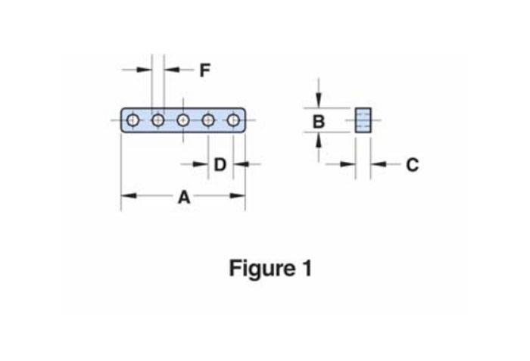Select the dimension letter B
click(x=319, y=121)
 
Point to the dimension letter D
click(x=220, y=164)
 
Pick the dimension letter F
click(x=204, y=70)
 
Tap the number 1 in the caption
click(x=306, y=268)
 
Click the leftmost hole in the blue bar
click(x=133, y=120)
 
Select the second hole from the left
click(x=158, y=120)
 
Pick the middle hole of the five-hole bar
click(x=183, y=120)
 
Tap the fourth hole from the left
click(x=208, y=120)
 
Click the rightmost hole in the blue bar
click(x=233, y=120)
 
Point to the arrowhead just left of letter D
click(x=202, y=164)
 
